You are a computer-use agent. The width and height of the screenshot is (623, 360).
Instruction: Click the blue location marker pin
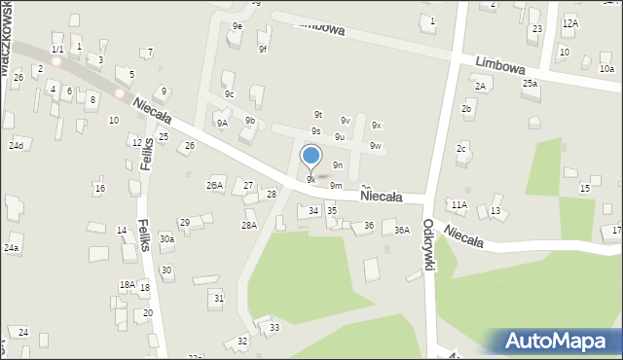tap(311, 156)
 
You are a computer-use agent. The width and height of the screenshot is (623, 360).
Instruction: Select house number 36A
tap(402, 231)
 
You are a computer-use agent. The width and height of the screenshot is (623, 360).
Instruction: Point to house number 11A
tap(458, 204)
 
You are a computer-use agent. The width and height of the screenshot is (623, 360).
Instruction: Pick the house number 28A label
tap(249, 226)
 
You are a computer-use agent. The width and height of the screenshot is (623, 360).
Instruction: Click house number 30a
tap(167, 238)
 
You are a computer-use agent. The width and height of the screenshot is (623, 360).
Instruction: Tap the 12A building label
tap(569, 22)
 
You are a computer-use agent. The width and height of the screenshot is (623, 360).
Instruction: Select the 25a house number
tap(530, 84)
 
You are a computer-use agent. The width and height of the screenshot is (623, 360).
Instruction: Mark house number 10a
tap(606, 69)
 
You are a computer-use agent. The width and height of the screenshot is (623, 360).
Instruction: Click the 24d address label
tap(16, 146)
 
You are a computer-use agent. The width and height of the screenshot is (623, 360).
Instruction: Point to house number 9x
tap(377, 126)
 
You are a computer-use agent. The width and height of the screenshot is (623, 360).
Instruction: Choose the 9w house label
tap(376, 146)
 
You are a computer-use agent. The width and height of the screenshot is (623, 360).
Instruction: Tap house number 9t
tap(317, 114)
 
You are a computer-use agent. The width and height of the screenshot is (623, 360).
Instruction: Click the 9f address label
tap(263, 49)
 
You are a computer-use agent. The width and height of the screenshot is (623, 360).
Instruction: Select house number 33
tap(275, 328)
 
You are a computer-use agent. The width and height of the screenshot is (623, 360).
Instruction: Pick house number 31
tap(219, 298)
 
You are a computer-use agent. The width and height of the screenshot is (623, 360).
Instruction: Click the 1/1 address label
tap(57, 49)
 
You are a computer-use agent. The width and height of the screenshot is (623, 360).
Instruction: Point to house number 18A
tap(127, 285)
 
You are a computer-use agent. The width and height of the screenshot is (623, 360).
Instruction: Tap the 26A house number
tap(214, 185)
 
